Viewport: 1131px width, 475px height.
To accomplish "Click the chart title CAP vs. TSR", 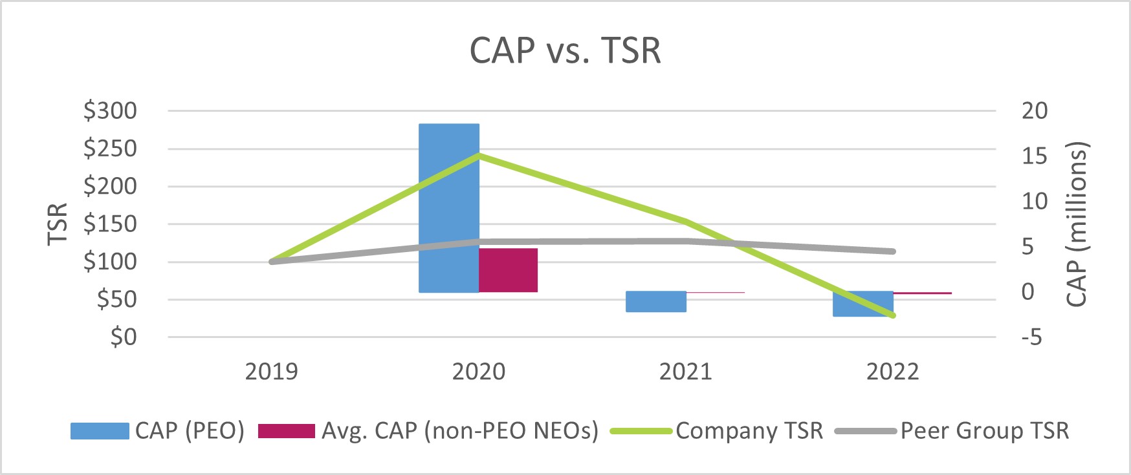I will (x=565, y=50).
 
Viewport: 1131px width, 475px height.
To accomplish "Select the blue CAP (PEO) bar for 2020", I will (x=449, y=207).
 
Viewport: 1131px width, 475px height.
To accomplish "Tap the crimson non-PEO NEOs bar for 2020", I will (x=509, y=270).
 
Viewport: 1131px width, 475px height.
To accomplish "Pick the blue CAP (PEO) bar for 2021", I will (x=656, y=302).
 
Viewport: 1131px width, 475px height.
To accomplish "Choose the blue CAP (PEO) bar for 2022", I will (x=863, y=304).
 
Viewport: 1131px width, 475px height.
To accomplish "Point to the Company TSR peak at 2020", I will (x=479, y=155).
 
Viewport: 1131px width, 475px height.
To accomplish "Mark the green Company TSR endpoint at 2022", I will (x=892, y=315).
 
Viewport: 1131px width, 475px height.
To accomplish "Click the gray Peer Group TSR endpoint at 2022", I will (x=892, y=251).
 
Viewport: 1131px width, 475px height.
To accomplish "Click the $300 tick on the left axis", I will (x=111, y=111).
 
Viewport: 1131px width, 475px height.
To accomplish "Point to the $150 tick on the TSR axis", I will (x=111, y=224).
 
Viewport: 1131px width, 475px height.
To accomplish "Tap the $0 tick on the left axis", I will (x=123, y=337).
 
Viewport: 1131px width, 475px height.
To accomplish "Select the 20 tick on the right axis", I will (x=1034, y=111).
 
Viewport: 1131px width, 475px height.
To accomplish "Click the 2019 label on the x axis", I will (x=271, y=372).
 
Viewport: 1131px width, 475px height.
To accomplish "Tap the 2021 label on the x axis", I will (x=685, y=372).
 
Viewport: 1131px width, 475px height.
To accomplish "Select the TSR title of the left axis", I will (x=58, y=224).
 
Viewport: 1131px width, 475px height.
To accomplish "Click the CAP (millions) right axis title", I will (x=1077, y=224).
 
